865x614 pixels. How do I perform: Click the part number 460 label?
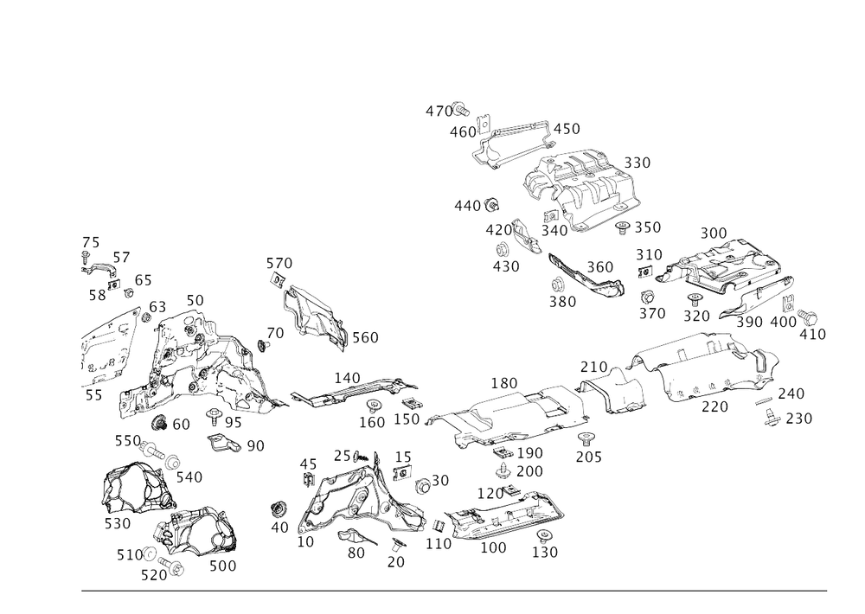[464, 132]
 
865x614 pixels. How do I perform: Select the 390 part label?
[562, 302]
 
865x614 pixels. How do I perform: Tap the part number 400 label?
[785, 322]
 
